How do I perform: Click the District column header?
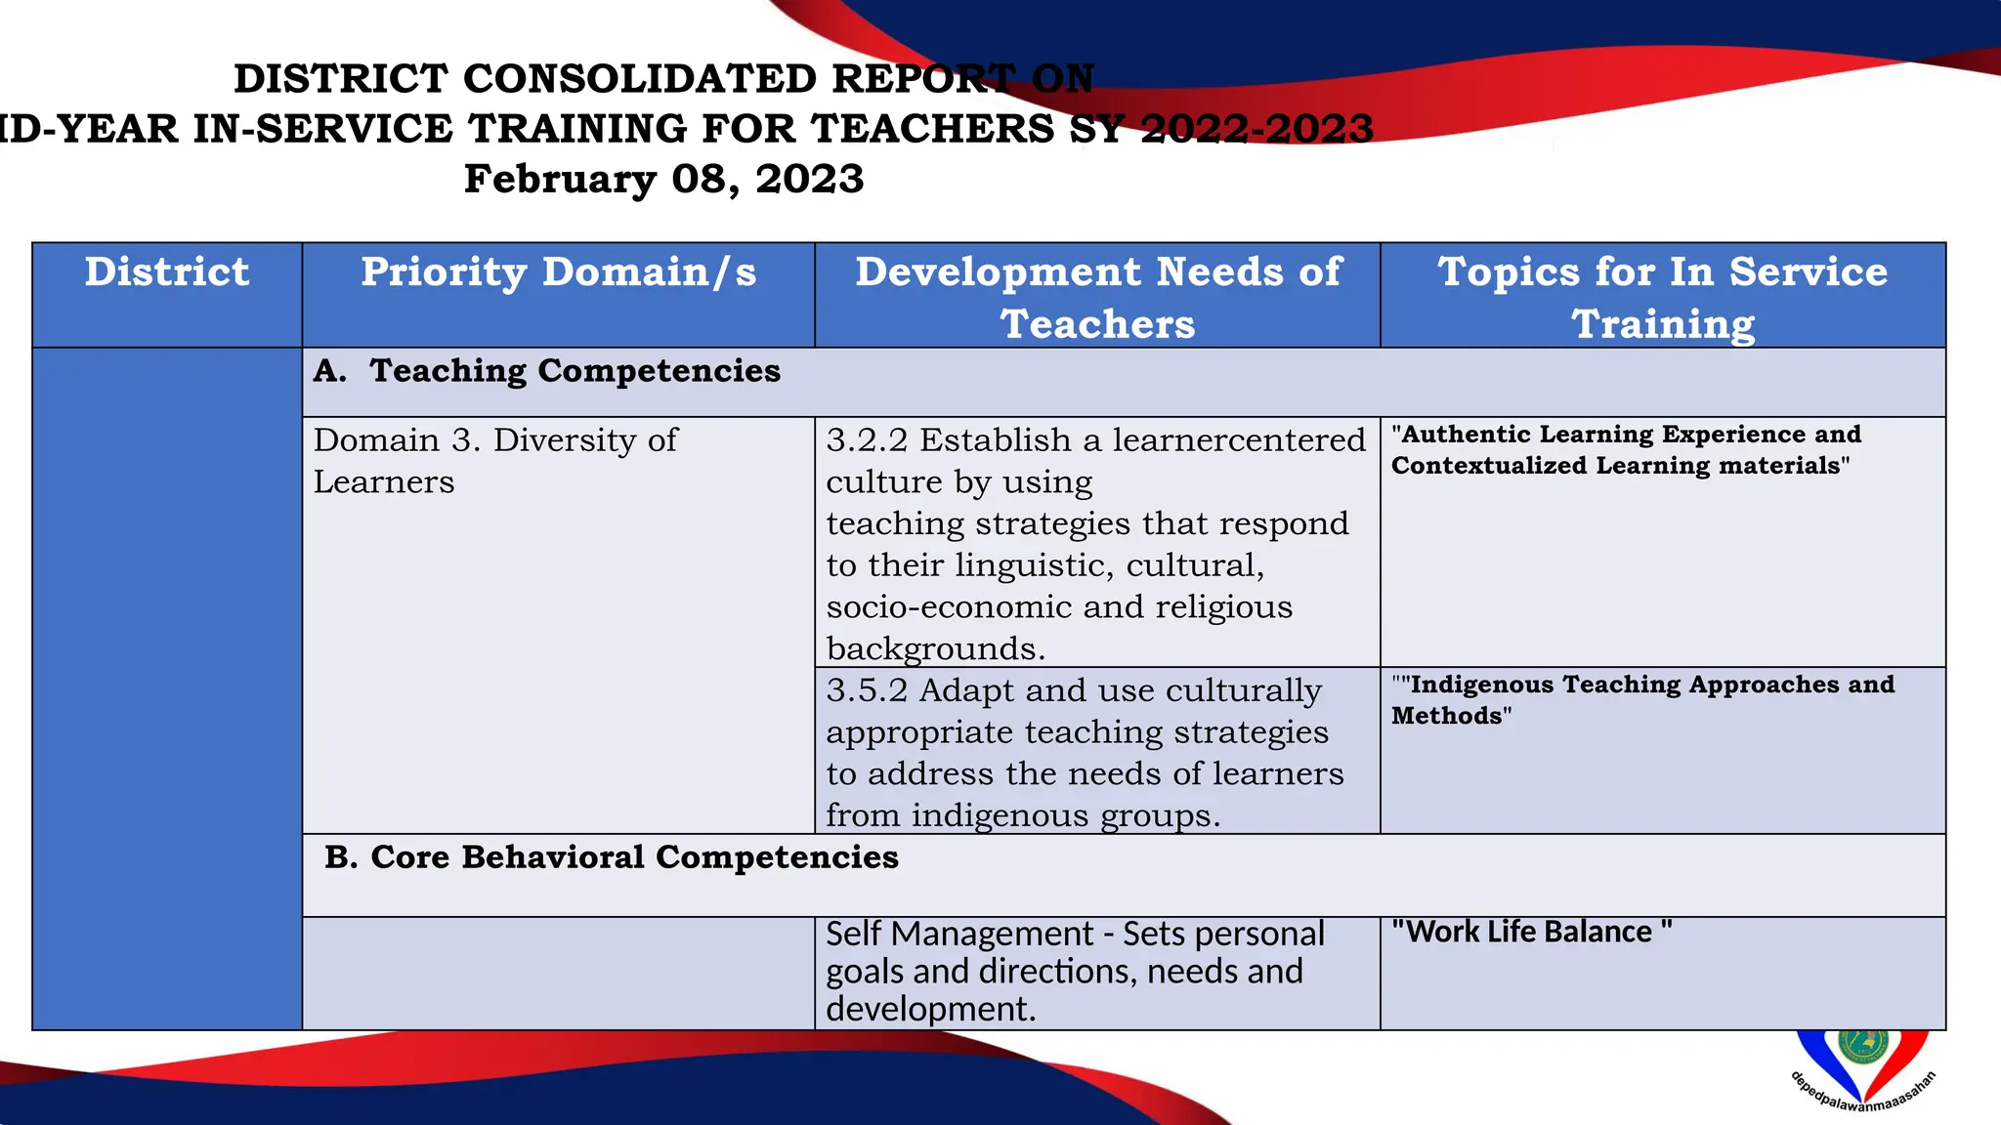tap(167, 272)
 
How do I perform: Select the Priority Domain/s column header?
tap(558, 272)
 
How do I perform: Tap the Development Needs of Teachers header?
tap(1097, 297)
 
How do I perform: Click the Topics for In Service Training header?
tap(1663, 297)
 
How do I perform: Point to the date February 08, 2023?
tap(663, 180)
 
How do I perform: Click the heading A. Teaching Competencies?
tap(547, 371)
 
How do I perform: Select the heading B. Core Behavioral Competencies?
tap(612, 857)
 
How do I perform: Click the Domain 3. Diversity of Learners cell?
tap(494, 461)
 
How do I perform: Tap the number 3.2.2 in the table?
tap(866, 440)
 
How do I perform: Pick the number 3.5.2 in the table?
tap(866, 690)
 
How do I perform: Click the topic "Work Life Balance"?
tap(1531, 932)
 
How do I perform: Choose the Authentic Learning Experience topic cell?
tap(1626, 449)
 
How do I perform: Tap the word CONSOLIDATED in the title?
tap(639, 79)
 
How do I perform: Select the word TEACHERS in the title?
tap(932, 129)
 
